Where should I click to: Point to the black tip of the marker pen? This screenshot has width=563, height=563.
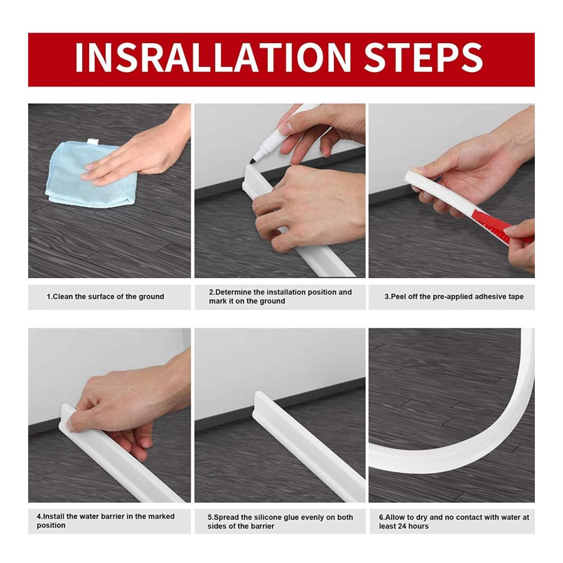tap(252, 161)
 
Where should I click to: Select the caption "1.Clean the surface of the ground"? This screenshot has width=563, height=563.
tap(105, 297)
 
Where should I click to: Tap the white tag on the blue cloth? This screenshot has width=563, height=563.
tap(92, 142)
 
